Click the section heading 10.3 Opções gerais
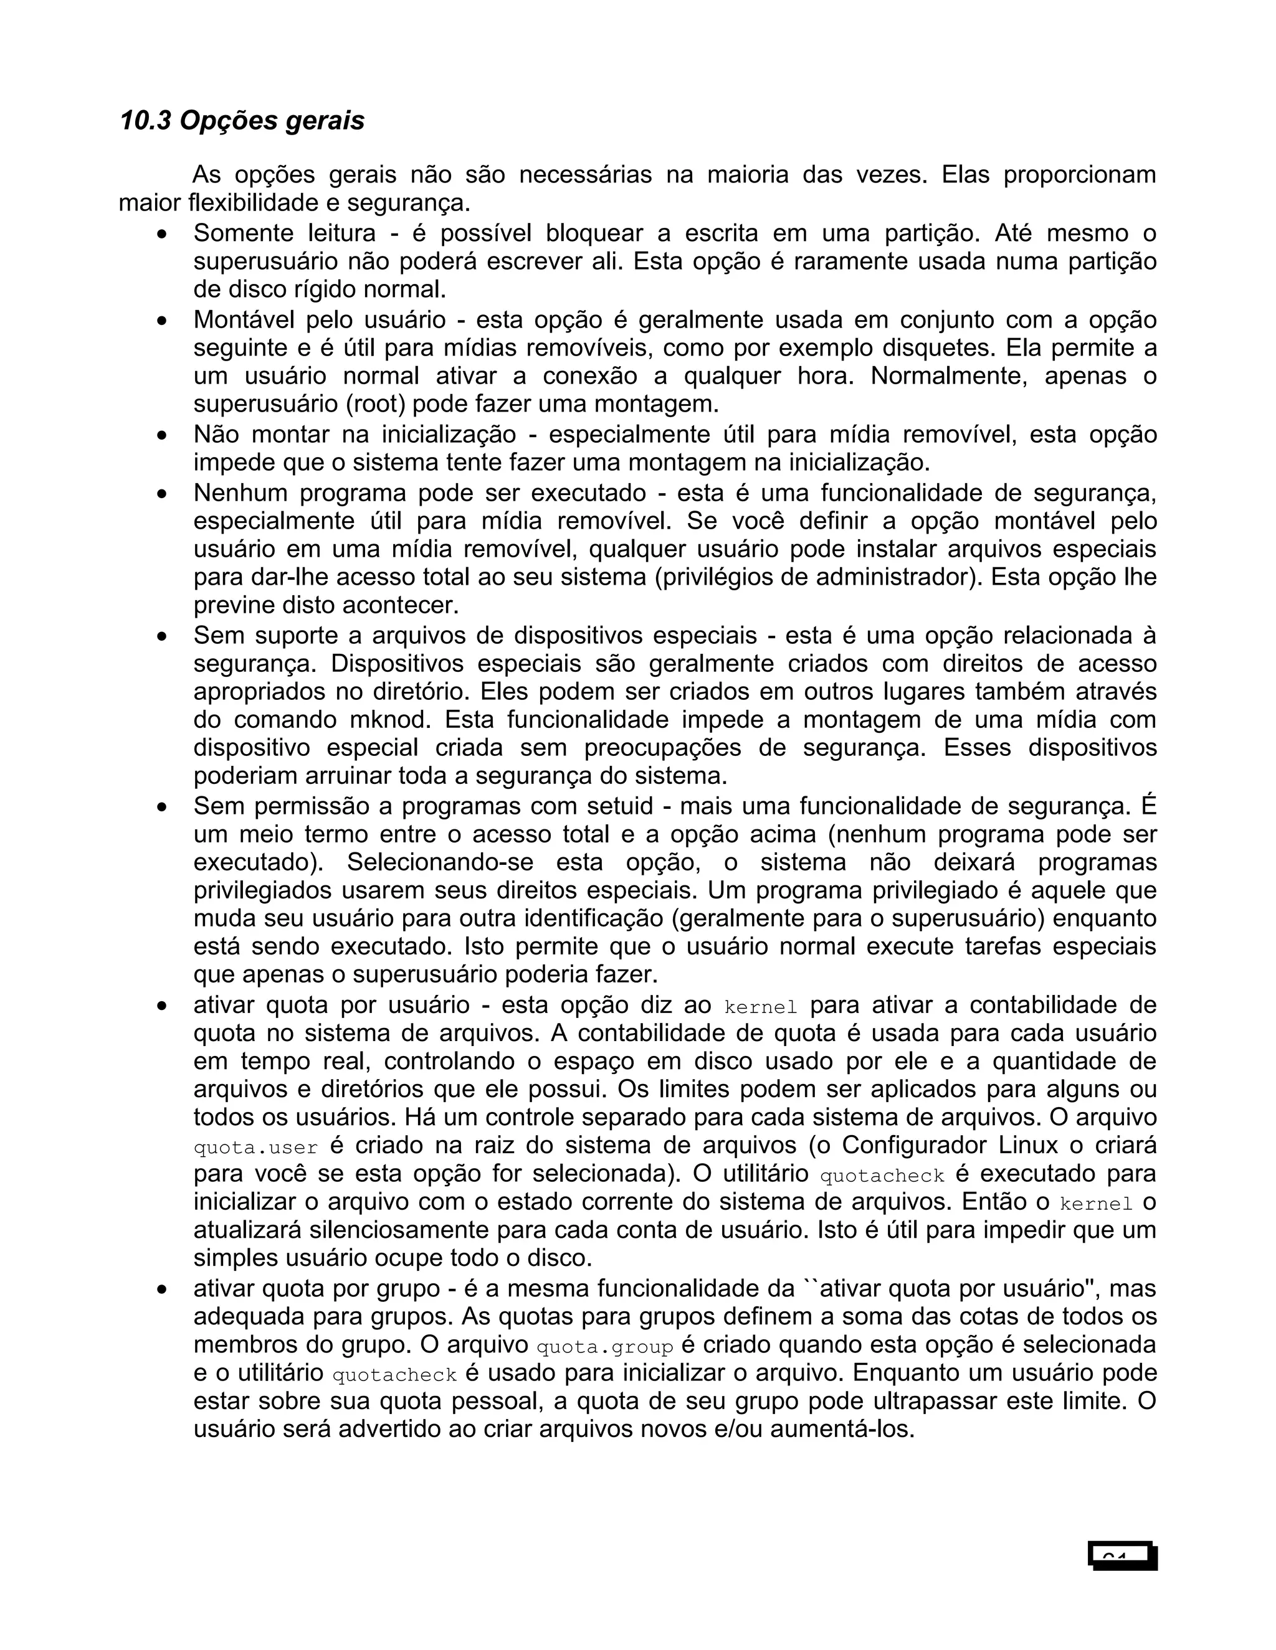242,121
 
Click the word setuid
620,806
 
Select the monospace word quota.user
255,1148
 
